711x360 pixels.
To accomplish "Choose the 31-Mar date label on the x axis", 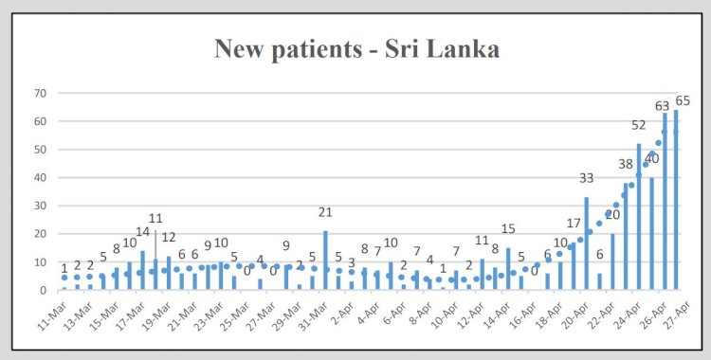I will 317,313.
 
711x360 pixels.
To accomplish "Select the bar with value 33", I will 587,243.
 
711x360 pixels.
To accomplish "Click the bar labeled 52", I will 639,217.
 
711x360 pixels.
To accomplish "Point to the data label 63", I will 662,105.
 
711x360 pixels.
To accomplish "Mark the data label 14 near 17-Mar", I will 142,231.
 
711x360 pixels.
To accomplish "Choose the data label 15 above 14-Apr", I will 508,228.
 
